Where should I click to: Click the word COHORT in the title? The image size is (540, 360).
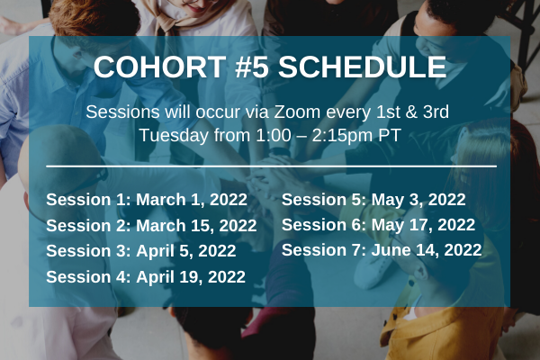pyautogui.click(x=160, y=67)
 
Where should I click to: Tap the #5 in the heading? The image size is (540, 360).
pyautogui.click(x=252, y=67)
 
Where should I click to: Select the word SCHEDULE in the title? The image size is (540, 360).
pyautogui.click(x=363, y=67)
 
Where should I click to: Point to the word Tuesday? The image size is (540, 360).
pyautogui.click(x=174, y=135)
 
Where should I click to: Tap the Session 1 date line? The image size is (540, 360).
pyautogui.click(x=147, y=200)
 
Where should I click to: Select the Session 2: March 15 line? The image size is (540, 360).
pyautogui.click(x=151, y=226)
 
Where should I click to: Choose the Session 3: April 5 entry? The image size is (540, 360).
pyautogui.click(x=141, y=251)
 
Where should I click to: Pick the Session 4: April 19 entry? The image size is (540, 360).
pyautogui.click(x=146, y=277)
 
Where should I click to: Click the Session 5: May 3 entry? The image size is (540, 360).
pyautogui.click(x=373, y=200)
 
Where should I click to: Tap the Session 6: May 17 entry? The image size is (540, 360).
pyautogui.click(x=379, y=225)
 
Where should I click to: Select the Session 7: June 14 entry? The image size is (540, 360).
pyautogui.click(x=382, y=250)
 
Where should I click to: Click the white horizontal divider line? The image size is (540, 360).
pyautogui.click(x=272, y=166)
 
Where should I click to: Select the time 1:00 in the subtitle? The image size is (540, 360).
pyautogui.click(x=274, y=135)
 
